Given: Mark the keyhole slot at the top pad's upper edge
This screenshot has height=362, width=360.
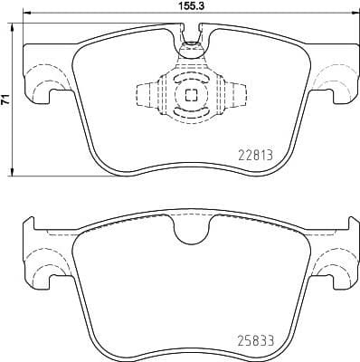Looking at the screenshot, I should [190, 36].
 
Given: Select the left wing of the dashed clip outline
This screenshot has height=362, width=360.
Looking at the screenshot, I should [145, 93].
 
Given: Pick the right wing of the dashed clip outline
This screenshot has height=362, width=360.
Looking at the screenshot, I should [237, 93].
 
